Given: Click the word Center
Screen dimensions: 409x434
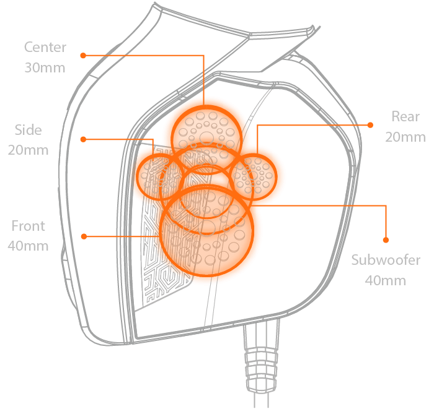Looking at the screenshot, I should [x=45, y=47].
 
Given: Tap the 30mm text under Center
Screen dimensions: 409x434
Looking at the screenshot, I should [x=45, y=67].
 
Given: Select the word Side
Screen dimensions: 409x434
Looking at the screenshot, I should [x=29, y=130].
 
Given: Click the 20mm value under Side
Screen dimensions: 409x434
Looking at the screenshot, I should [x=29, y=150].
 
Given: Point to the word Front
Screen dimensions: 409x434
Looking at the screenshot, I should [x=28, y=226].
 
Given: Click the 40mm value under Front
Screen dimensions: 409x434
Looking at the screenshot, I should [x=28, y=246].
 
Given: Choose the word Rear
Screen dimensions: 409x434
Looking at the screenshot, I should [x=405, y=116].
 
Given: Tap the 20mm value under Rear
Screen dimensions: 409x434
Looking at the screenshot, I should [x=405, y=137].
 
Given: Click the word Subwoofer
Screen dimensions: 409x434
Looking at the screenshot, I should [x=386, y=260].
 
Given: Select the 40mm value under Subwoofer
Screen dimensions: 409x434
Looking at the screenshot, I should [x=386, y=280].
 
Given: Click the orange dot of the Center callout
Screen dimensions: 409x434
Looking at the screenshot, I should [x=82, y=55].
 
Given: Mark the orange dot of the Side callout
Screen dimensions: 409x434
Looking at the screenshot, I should [x=82, y=139].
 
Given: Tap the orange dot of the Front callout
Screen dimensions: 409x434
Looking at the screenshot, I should [x=82, y=236].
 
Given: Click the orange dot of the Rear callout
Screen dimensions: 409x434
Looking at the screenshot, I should [x=370, y=124].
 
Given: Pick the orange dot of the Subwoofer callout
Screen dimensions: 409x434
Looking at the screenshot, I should [x=386, y=239].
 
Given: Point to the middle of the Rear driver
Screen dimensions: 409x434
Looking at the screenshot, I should [x=254, y=175].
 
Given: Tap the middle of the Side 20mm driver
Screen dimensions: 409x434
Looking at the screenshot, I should [x=161, y=176].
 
